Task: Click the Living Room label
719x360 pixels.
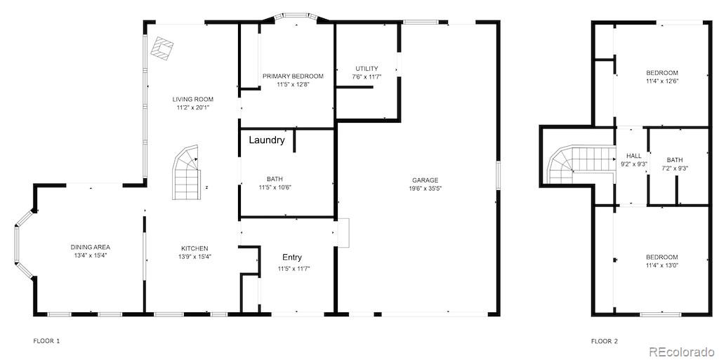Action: [x=193, y=100]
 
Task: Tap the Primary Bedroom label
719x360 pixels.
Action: [x=293, y=76]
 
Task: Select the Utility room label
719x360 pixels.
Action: [x=367, y=69]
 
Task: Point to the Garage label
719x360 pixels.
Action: [x=425, y=180]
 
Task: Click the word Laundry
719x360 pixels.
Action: [x=267, y=140]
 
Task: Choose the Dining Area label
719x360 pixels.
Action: [x=90, y=247]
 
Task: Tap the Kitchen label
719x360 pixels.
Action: [x=194, y=248]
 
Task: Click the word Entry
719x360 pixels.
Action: [x=292, y=258]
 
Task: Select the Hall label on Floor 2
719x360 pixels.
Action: [x=634, y=156]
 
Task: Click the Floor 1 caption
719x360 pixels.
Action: [x=47, y=341]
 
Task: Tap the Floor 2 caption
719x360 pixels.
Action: [x=605, y=341]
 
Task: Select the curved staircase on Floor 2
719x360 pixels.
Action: [x=569, y=166]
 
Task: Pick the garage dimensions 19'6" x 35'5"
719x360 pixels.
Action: [x=425, y=189]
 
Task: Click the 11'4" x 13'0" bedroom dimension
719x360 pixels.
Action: [x=662, y=265]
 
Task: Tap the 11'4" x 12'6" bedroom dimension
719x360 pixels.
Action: [x=662, y=81]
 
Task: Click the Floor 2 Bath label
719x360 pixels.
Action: [x=675, y=160]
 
